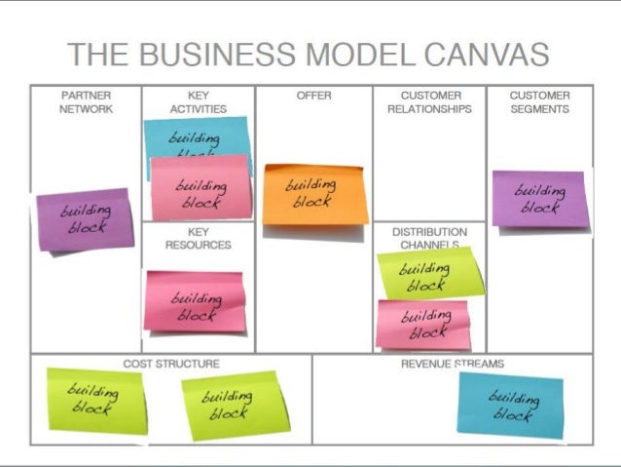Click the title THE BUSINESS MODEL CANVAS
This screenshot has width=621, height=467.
point(308,55)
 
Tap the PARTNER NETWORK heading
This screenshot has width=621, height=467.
point(87,102)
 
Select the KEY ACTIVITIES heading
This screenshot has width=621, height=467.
point(199,102)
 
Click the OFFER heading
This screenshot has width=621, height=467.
point(313,96)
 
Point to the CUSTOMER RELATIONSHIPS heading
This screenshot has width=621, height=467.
point(429,102)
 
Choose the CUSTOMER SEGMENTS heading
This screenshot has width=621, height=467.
point(539,102)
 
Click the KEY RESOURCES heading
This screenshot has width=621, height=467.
point(199,238)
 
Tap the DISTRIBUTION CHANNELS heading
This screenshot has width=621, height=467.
point(429,238)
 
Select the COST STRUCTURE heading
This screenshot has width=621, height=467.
point(171,364)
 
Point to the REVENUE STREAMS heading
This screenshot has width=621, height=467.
point(453,364)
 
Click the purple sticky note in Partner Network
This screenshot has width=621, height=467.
point(85,220)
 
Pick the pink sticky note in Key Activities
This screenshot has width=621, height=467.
point(201,188)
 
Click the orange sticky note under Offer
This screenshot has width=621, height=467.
point(314,193)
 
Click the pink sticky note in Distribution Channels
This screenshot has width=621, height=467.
point(423,324)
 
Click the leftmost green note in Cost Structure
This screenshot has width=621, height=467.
point(95,399)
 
